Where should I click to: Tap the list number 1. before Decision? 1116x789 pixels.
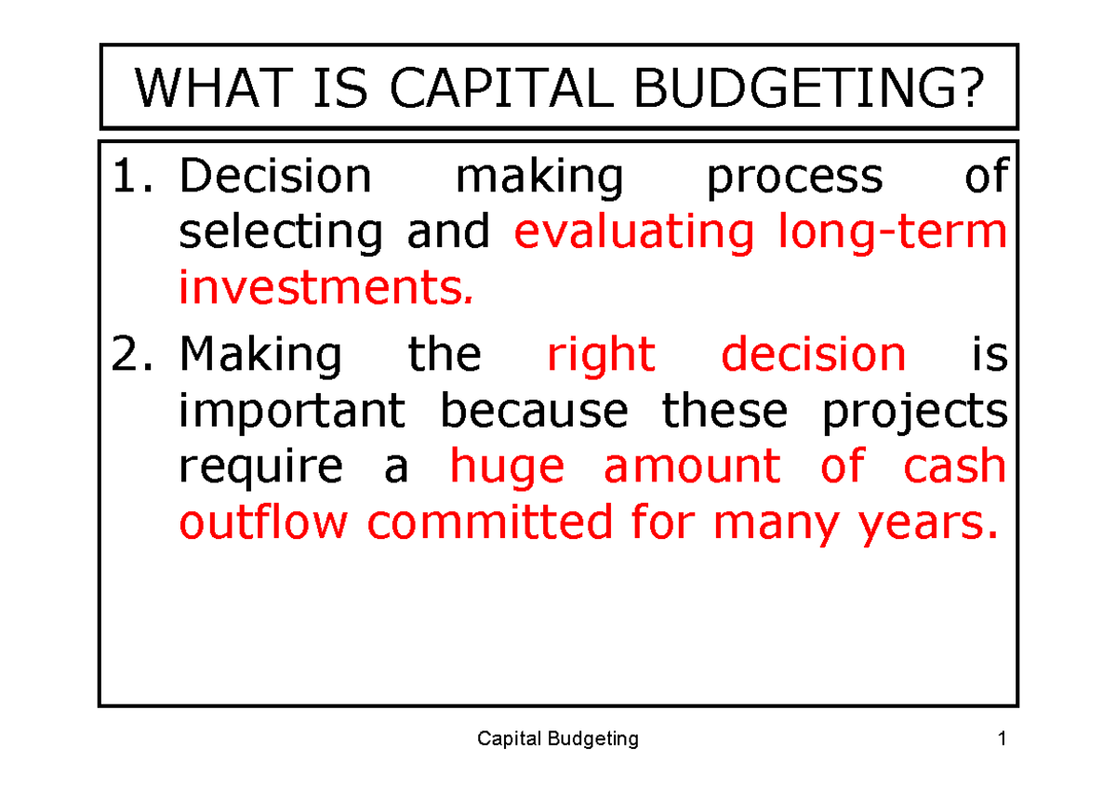click(139, 177)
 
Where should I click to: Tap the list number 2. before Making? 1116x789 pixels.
click(139, 355)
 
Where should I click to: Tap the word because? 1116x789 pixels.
click(534, 410)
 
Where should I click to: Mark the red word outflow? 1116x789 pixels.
click(264, 523)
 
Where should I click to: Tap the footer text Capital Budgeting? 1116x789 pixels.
click(557, 739)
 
